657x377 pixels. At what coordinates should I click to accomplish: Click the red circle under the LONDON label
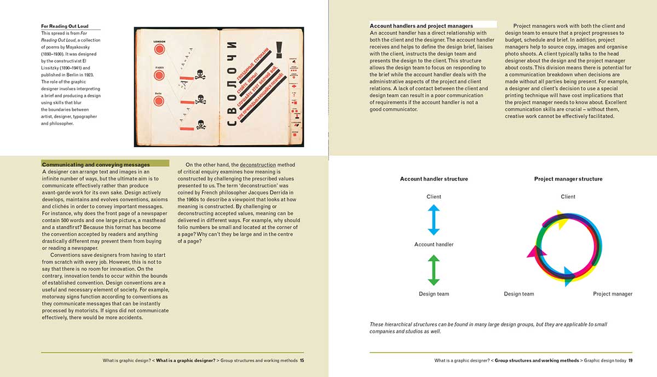point(159,50)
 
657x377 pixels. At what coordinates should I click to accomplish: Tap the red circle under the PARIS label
point(159,77)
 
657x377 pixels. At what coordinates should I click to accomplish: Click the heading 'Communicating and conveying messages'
point(96,164)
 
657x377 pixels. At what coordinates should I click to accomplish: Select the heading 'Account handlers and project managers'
point(421,26)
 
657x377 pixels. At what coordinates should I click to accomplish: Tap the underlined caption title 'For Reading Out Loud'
point(64,26)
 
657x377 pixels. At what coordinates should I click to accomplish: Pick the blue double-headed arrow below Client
point(434,220)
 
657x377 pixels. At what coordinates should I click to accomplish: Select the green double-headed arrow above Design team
point(434,270)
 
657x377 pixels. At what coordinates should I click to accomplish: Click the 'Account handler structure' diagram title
point(434,179)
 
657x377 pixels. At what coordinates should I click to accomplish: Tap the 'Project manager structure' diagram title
point(568,179)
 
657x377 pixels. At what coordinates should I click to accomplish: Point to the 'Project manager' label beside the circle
point(613,294)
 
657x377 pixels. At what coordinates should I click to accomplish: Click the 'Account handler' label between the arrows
point(434,245)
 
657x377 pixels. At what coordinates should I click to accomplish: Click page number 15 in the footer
point(302,361)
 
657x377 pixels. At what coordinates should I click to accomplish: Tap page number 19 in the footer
point(630,361)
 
